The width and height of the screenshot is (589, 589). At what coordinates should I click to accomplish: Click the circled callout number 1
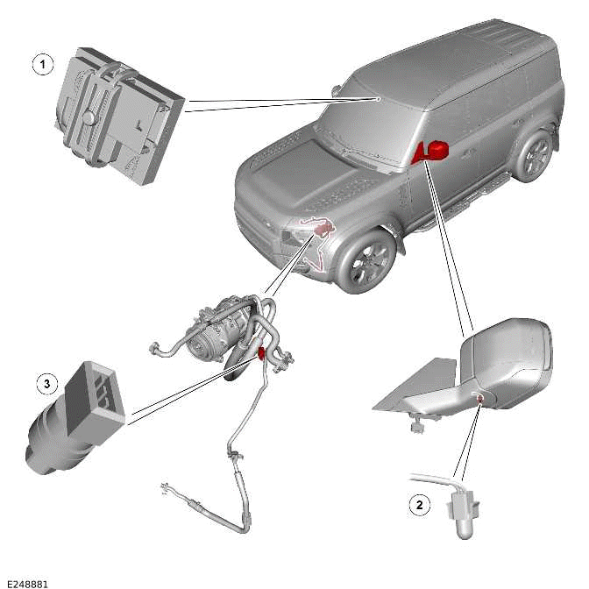click(x=39, y=64)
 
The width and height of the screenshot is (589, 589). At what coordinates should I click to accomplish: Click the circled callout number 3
click(x=46, y=383)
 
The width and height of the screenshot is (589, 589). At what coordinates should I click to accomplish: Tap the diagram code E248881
click(x=26, y=582)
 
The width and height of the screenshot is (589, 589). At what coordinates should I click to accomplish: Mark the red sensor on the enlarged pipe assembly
click(x=261, y=354)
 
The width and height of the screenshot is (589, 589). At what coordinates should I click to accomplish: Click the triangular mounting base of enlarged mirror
click(x=412, y=390)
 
